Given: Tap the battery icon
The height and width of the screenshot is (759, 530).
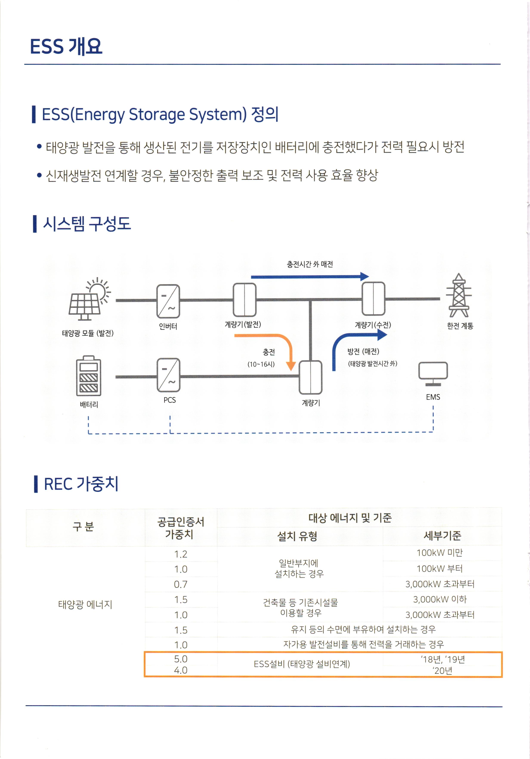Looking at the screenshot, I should click(89, 376).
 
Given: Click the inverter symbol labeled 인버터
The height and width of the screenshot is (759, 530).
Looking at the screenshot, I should click(168, 301).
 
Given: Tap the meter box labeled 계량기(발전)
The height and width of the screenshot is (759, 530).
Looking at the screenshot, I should click(244, 299).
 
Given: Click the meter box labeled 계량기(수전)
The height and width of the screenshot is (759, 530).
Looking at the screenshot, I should click(373, 299).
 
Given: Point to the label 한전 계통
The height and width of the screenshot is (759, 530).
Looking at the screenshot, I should click(460, 326).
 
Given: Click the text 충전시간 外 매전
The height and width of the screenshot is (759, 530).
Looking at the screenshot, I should click(310, 264).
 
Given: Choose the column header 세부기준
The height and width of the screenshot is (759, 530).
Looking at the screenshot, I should click(442, 535).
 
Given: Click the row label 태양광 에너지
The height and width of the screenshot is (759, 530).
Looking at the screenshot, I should click(85, 604).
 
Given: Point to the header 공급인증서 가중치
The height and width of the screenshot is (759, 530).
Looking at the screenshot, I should click(181, 528).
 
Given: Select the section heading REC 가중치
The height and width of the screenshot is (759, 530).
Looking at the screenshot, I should click(81, 484).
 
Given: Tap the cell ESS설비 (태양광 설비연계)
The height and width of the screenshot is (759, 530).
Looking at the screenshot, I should click(302, 664).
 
